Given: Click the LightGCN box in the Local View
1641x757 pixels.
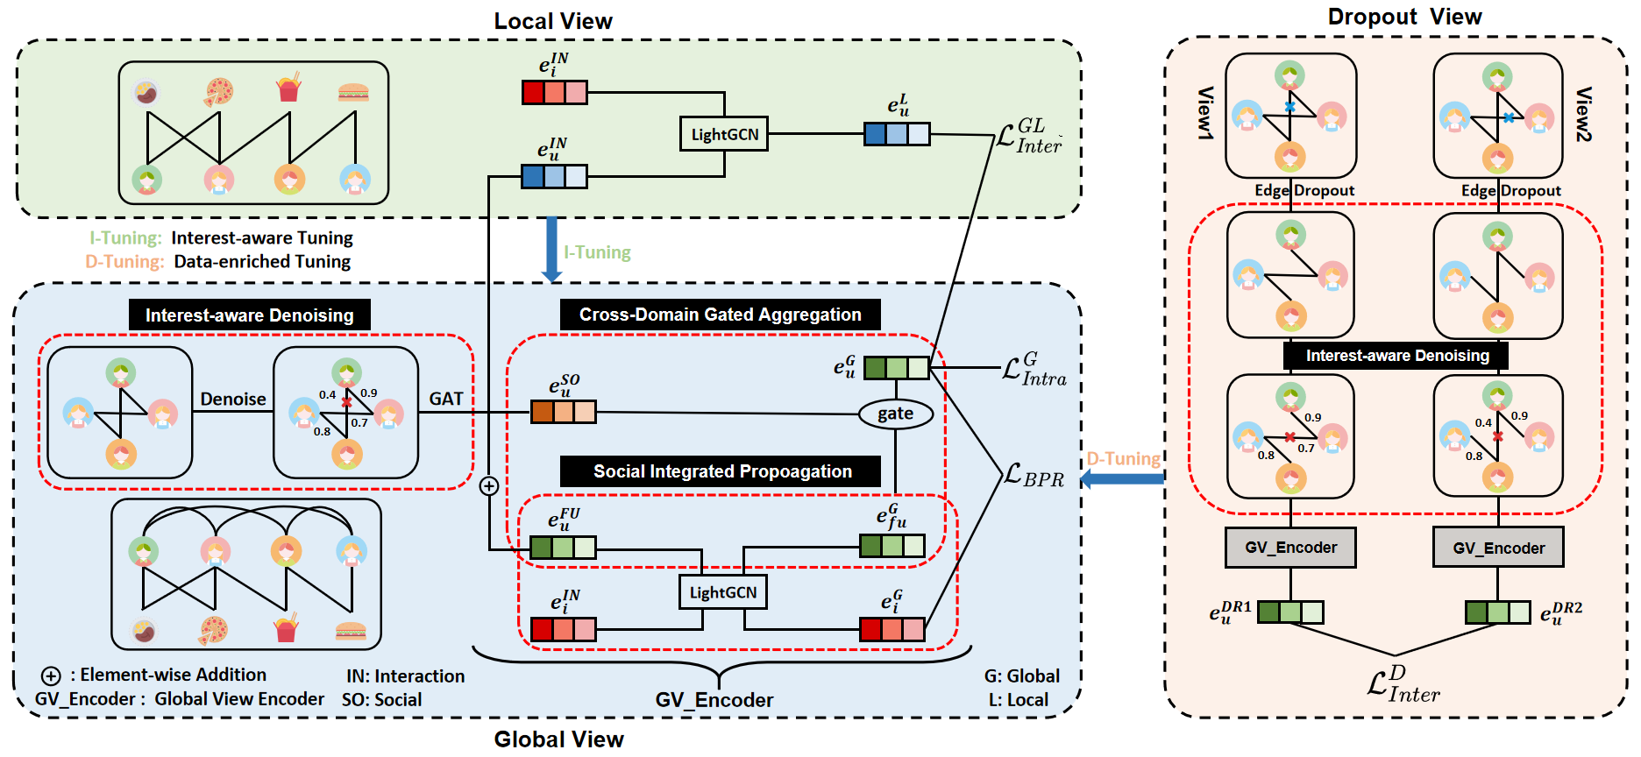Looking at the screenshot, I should click(x=724, y=134).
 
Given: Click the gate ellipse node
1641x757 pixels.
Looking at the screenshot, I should click(x=895, y=414).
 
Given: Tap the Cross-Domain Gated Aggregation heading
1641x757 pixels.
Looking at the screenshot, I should click(x=720, y=315).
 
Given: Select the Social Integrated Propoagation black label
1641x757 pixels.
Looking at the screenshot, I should click(x=721, y=471).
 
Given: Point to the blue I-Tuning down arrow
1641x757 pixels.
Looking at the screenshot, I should click(x=551, y=250).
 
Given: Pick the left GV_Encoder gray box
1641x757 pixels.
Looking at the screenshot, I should click(x=1290, y=548).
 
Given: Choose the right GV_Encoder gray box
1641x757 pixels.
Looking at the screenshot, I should click(x=1498, y=548).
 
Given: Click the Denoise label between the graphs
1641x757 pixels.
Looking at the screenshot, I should click(x=233, y=400).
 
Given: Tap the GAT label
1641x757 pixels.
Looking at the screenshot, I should click(x=446, y=399).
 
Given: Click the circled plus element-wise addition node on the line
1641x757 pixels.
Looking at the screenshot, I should click(x=489, y=486).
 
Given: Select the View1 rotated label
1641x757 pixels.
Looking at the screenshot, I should click(x=1206, y=113).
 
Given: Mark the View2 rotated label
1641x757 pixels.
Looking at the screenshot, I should click(x=1583, y=114).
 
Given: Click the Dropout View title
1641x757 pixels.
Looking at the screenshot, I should click(x=1404, y=17).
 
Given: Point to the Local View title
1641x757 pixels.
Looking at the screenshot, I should click(x=553, y=21).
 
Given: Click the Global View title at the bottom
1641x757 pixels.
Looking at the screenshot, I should click(x=558, y=739).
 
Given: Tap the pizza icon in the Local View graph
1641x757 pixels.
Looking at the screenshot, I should click(x=218, y=91).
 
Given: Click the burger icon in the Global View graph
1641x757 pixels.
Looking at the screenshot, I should click(x=351, y=631).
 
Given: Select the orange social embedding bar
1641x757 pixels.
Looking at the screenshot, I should click(x=563, y=411).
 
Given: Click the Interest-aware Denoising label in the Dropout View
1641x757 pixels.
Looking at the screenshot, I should click(x=1397, y=356).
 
